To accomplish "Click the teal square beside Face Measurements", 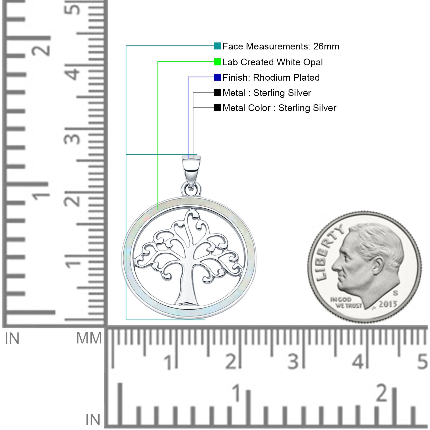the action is coord(217,46).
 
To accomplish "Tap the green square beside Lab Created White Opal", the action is coord(217,62).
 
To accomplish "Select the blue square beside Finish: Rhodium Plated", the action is coord(217,77).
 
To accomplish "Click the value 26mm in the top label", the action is coord(326,46).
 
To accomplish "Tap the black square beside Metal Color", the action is coord(217,107).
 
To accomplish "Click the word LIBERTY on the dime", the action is coord(329,253).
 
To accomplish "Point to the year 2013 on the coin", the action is coord(388,304).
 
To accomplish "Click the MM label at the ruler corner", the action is coord(89,338).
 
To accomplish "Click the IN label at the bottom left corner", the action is coord(93,420).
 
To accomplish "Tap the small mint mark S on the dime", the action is coord(396,293).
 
